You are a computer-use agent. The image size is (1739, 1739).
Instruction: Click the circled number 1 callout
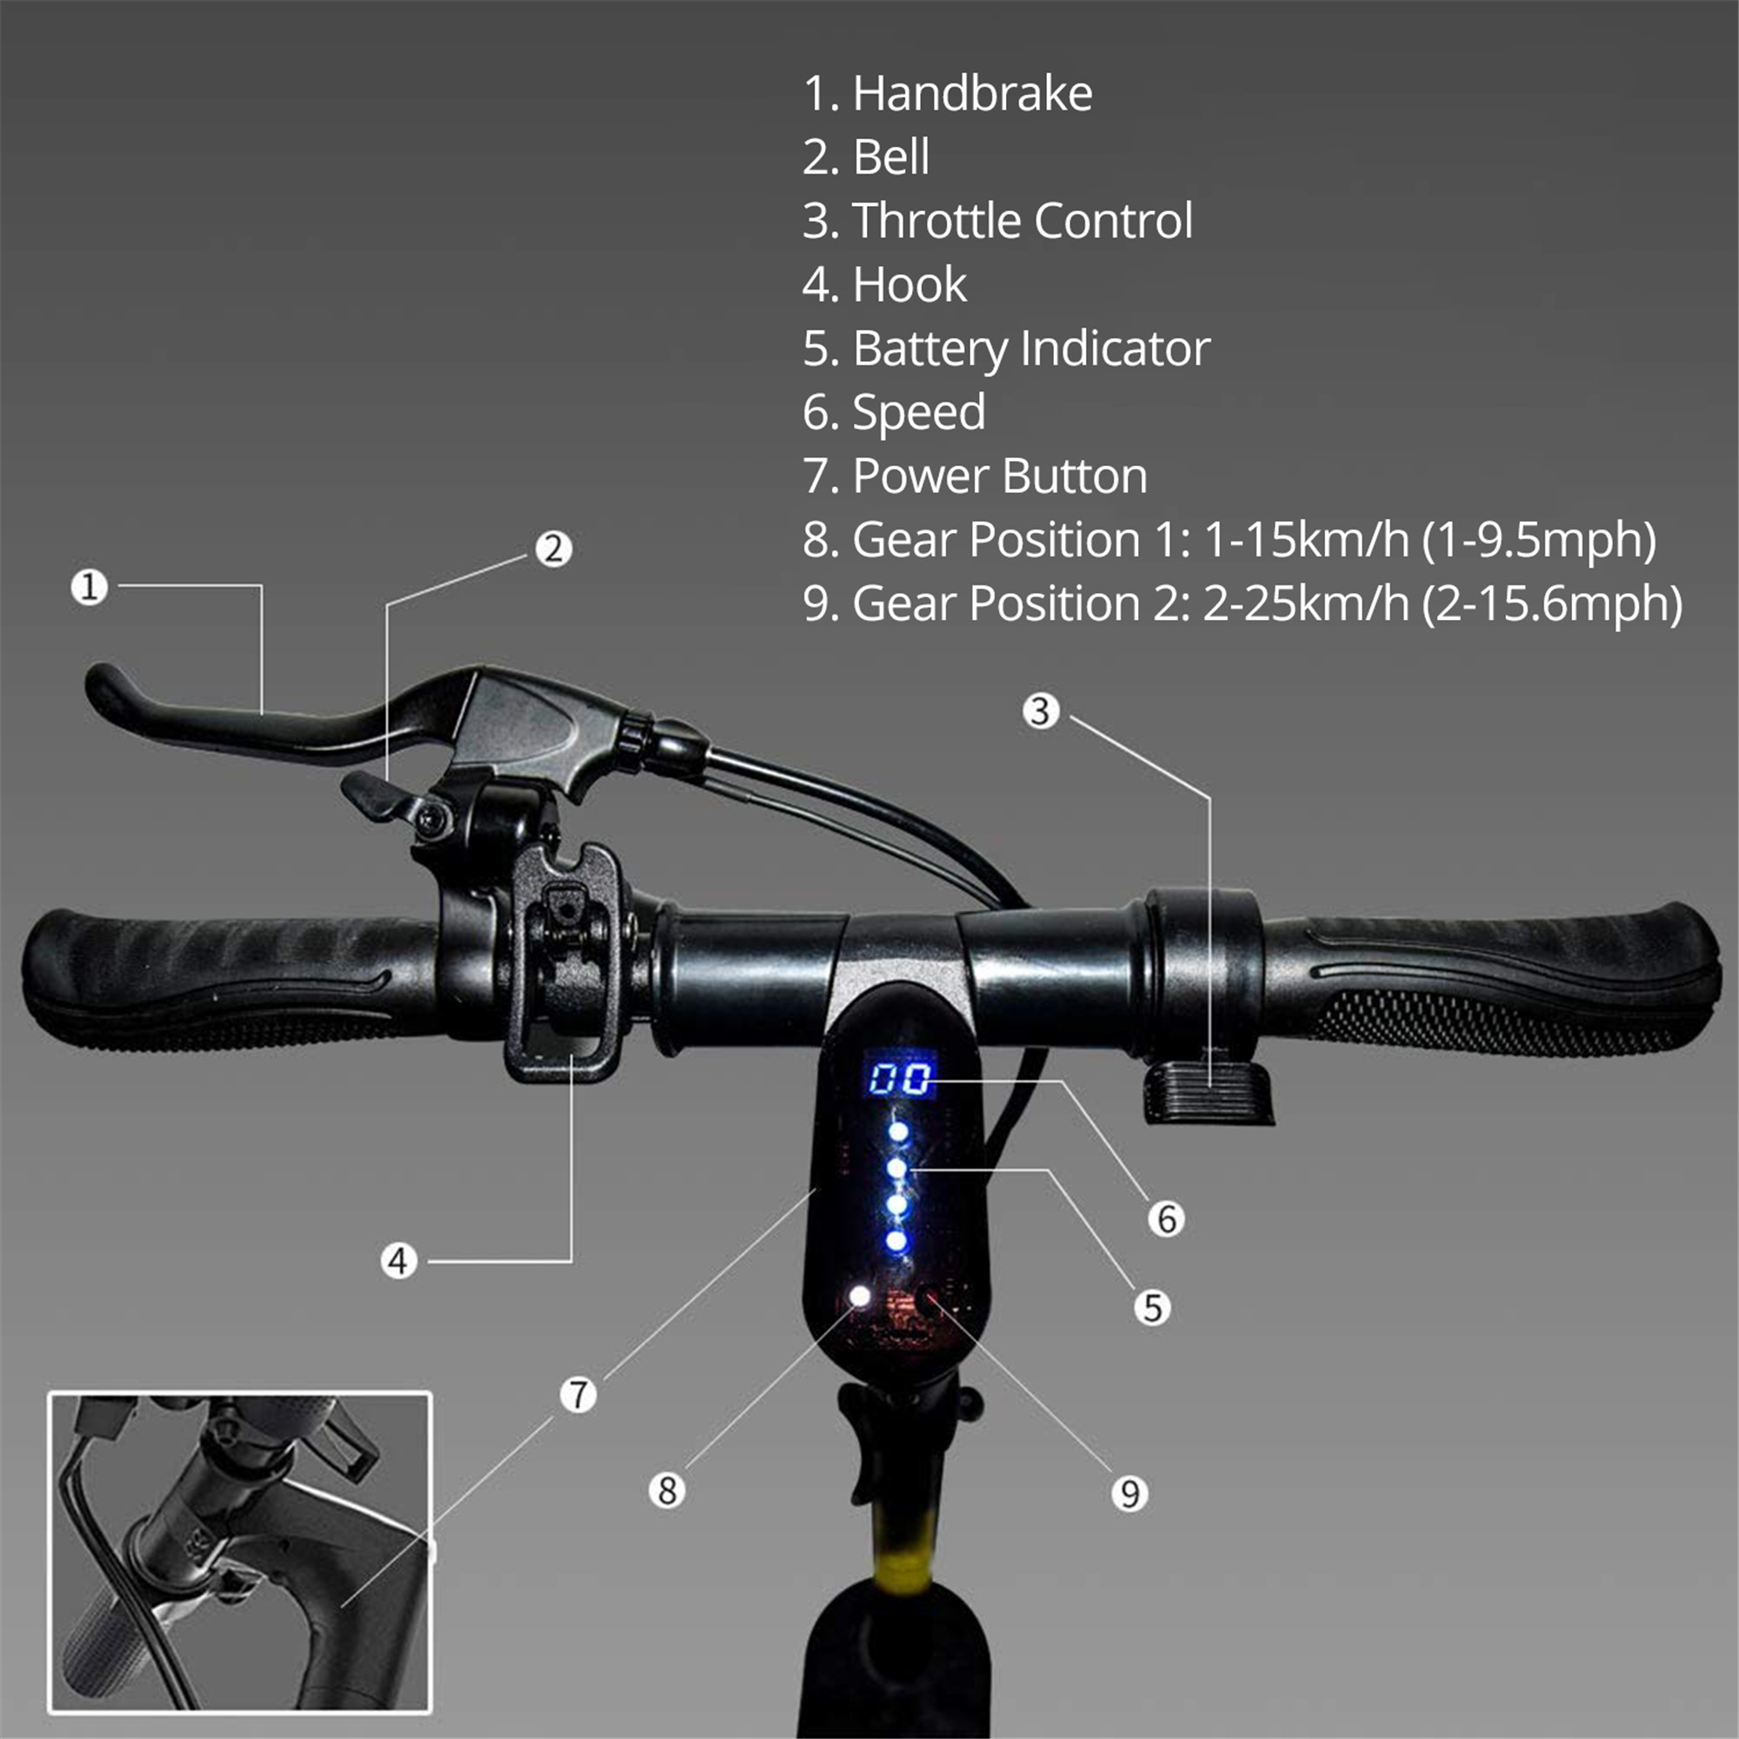(x=89, y=587)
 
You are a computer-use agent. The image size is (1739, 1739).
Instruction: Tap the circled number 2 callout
(x=553, y=548)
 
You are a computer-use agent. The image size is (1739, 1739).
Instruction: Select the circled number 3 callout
(x=1041, y=711)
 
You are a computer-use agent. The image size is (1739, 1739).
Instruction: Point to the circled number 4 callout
(x=399, y=1261)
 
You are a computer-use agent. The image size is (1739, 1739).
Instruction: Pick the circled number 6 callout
(x=1167, y=1219)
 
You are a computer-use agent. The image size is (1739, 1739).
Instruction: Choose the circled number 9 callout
(x=1129, y=1493)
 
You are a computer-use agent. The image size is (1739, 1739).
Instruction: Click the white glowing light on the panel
(x=861, y=1296)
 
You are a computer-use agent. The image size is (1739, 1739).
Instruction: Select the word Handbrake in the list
(x=972, y=94)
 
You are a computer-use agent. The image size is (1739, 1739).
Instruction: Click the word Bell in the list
(x=890, y=157)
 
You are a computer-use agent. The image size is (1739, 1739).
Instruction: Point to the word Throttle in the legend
(x=936, y=222)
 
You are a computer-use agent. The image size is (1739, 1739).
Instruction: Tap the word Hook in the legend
(x=909, y=285)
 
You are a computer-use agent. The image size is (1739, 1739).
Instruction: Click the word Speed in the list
(x=918, y=412)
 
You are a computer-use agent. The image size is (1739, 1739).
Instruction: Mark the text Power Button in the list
(x=999, y=476)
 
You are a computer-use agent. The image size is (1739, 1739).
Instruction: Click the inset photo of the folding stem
(x=239, y=1552)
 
